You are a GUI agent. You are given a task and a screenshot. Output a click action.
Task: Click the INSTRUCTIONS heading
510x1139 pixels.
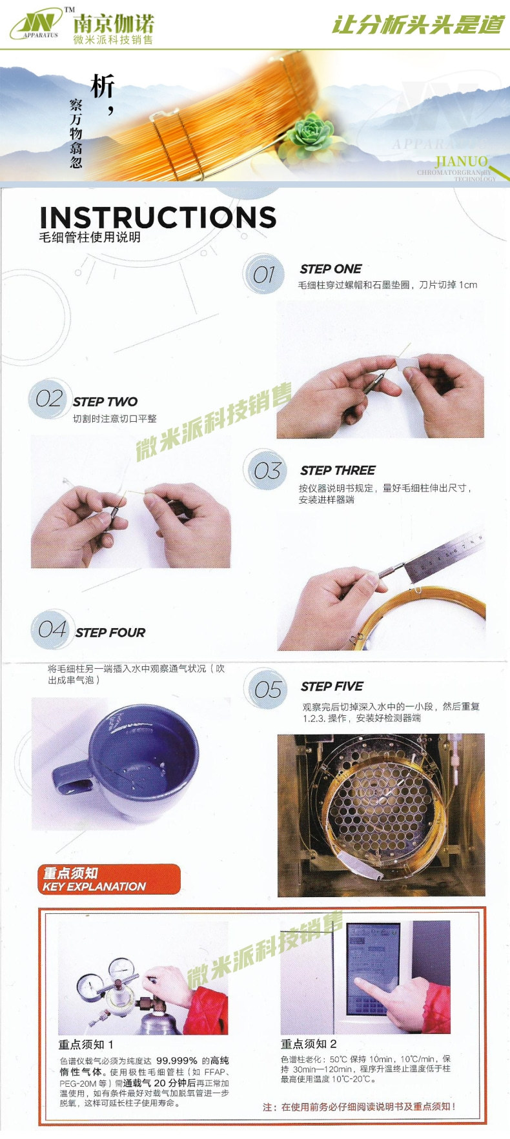pyautogui.click(x=158, y=217)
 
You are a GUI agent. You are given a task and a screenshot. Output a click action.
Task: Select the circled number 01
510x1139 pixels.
pyautogui.click(x=263, y=275)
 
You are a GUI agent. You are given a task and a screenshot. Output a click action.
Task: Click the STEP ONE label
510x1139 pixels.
pyautogui.click(x=331, y=269)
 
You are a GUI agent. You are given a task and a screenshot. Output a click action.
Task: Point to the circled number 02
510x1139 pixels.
pyautogui.click(x=49, y=399)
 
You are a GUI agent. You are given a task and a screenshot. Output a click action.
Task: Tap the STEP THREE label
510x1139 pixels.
pyautogui.click(x=338, y=470)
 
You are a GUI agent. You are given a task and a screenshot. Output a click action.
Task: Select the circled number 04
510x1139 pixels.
pyautogui.click(x=52, y=629)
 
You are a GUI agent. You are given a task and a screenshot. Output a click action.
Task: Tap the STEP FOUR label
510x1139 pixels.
pyautogui.click(x=110, y=633)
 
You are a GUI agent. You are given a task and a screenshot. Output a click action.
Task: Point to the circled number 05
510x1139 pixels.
pyautogui.click(x=267, y=689)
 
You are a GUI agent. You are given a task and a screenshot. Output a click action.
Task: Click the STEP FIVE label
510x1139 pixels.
pyautogui.click(x=332, y=686)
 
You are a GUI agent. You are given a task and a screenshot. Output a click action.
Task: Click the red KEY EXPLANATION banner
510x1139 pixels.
pyautogui.click(x=108, y=879)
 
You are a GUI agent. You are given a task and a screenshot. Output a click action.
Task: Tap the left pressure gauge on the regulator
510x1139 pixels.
pyautogui.click(x=89, y=985)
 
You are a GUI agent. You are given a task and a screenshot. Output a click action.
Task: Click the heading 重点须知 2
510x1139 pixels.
pyautogui.click(x=309, y=1044)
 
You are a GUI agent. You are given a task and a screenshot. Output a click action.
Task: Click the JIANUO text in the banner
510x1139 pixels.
pyautogui.click(x=461, y=161)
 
